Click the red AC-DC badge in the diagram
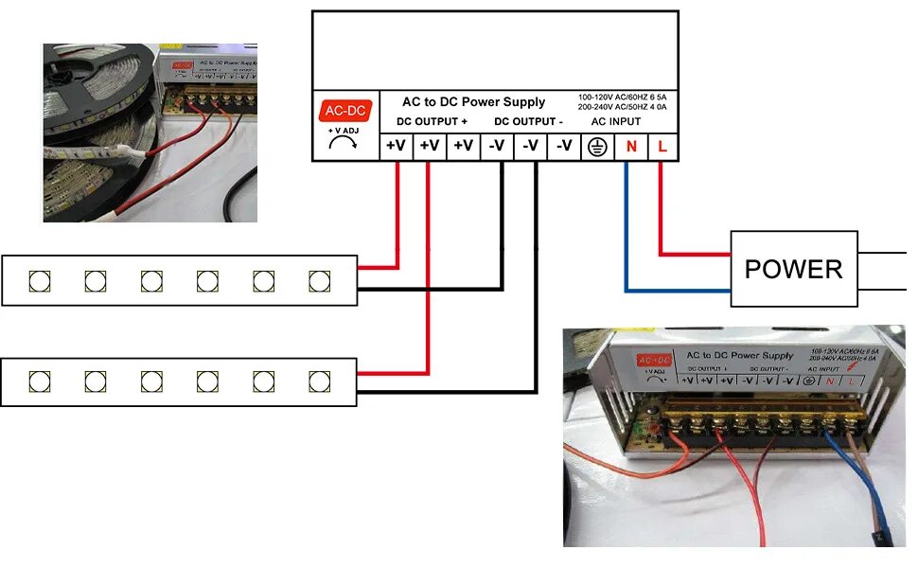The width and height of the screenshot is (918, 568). pos(342,111)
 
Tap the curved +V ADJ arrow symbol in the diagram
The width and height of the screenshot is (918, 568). pos(343,143)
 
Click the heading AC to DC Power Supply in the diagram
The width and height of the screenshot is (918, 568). pos(473,102)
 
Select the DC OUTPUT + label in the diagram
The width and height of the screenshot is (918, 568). pos(432,122)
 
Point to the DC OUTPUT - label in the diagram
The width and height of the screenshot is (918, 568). pos(528,122)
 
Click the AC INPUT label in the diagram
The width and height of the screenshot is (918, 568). pos(615,122)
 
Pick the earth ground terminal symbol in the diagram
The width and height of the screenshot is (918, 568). pos(597,147)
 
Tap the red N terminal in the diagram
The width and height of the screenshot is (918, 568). pos(630,147)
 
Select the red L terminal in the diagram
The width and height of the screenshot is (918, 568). pos(662,147)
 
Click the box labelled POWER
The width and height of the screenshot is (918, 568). pos(793,269)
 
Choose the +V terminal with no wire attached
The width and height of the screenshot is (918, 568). pos(463,147)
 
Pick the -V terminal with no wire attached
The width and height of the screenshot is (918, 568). pos(564,147)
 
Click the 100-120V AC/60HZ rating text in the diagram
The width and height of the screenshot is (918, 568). pos(627,98)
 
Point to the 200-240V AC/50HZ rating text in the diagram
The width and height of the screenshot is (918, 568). pos(627,109)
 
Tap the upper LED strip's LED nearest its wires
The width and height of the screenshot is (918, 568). pos(319,280)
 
